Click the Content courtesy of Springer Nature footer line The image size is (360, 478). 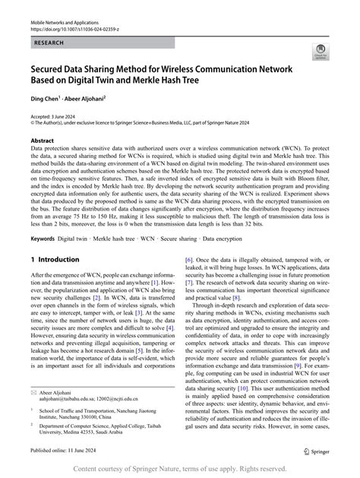[x=180, y=468]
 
